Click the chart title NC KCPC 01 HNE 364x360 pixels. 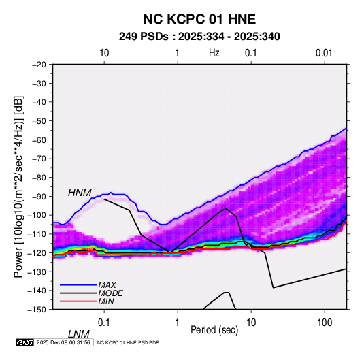199,19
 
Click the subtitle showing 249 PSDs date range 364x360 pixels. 199,37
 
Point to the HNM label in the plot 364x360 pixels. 80,193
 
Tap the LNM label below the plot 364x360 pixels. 78,334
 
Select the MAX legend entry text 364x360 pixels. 107,284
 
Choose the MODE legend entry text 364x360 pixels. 110,293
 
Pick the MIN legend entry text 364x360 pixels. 106,301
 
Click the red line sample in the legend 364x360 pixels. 78,301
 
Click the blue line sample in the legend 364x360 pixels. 78,285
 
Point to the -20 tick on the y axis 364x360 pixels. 39,65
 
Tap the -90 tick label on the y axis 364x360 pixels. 39,196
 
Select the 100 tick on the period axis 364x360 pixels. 325,322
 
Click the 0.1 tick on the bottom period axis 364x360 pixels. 104,322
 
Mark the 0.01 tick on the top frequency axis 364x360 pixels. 324,53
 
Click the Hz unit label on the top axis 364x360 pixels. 214,53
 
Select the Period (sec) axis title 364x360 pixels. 214,330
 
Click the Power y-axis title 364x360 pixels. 18,186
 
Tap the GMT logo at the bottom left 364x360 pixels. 24,342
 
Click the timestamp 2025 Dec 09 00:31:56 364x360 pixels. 63,342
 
